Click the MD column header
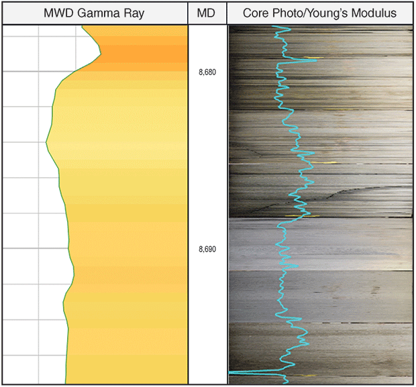pyautogui.click(x=207, y=13)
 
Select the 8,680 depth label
pyautogui.click(x=207, y=72)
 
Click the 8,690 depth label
pyautogui.click(x=207, y=249)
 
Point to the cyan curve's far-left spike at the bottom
pyautogui.click(x=231, y=371)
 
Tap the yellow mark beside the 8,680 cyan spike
pyautogui.click(x=319, y=60)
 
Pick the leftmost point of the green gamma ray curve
pyautogui.click(x=46, y=142)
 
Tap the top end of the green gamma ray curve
pyautogui.click(x=83, y=27)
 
